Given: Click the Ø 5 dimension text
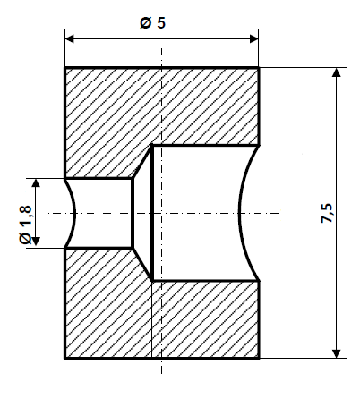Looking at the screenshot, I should (x=152, y=24).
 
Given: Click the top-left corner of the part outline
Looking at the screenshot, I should (x=65, y=68).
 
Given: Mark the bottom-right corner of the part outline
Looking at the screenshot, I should (x=259, y=358).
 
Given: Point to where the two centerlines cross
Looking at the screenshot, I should (x=161, y=213).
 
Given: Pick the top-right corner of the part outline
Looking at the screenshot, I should (x=259, y=68).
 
